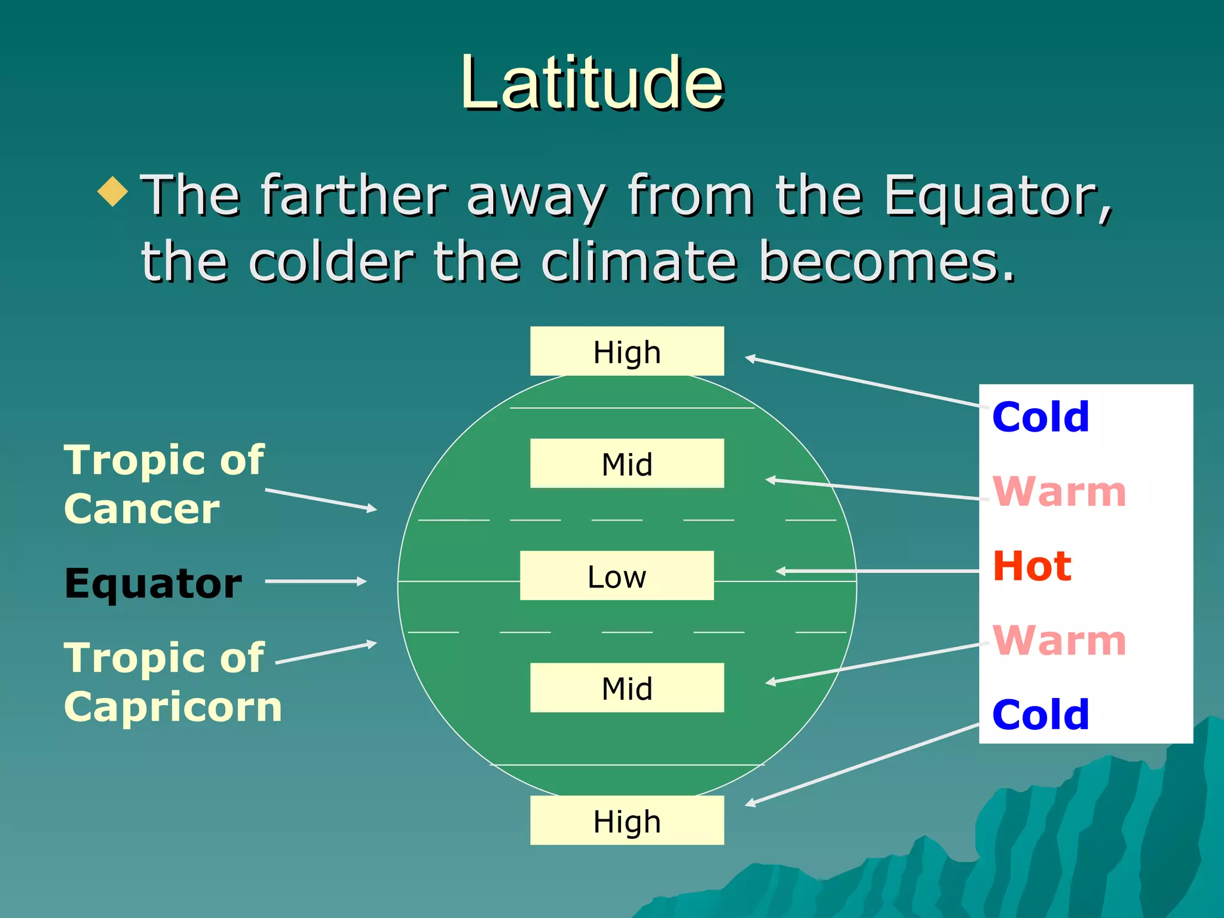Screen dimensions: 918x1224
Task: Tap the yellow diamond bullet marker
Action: coord(113,191)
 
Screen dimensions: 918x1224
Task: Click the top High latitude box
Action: coord(626,351)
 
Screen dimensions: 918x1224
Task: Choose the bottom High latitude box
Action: coord(626,821)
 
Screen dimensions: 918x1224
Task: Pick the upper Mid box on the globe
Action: coord(626,464)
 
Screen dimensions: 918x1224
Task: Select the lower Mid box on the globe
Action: coord(626,688)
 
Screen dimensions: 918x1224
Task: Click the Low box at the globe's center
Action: coord(616,576)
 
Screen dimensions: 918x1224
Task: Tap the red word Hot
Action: coord(1032,566)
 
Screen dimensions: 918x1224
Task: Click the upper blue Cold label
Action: coord(1041,417)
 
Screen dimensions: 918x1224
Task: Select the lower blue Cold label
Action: coord(1041,714)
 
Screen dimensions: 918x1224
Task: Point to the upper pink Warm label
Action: coord(1059,491)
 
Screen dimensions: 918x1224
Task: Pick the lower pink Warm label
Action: coord(1059,640)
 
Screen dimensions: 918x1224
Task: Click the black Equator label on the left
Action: coord(153,583)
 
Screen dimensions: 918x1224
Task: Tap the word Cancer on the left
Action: coord(142,509)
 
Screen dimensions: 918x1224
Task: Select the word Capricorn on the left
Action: coord(173,707)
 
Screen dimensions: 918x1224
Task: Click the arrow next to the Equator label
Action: coord(316,581)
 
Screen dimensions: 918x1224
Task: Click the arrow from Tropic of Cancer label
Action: coord(321,500)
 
